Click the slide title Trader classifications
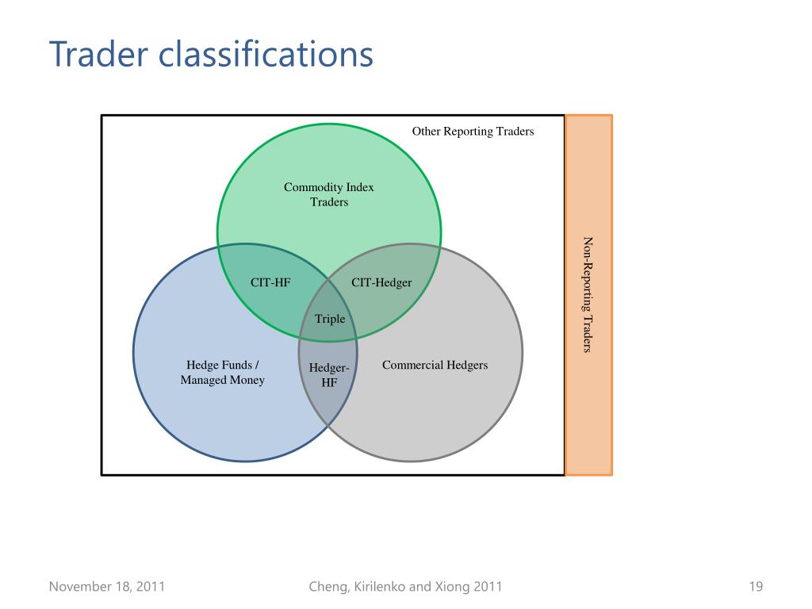(211, 55)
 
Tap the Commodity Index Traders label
(329, 194)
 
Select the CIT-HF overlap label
(270, 282)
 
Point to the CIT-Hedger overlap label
(381, 282)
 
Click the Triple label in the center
(330, 319)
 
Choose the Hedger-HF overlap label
(329, 375)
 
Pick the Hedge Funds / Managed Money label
(223, 373)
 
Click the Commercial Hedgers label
(435, 365)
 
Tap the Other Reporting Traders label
(473, 131)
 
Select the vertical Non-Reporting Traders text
(588, 294)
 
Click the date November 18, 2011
(107, 587)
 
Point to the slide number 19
(755, 587)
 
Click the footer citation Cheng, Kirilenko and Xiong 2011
(404, 587)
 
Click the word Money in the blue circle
(247, 380)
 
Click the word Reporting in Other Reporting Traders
(469, 131)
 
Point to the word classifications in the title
(266, 55)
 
